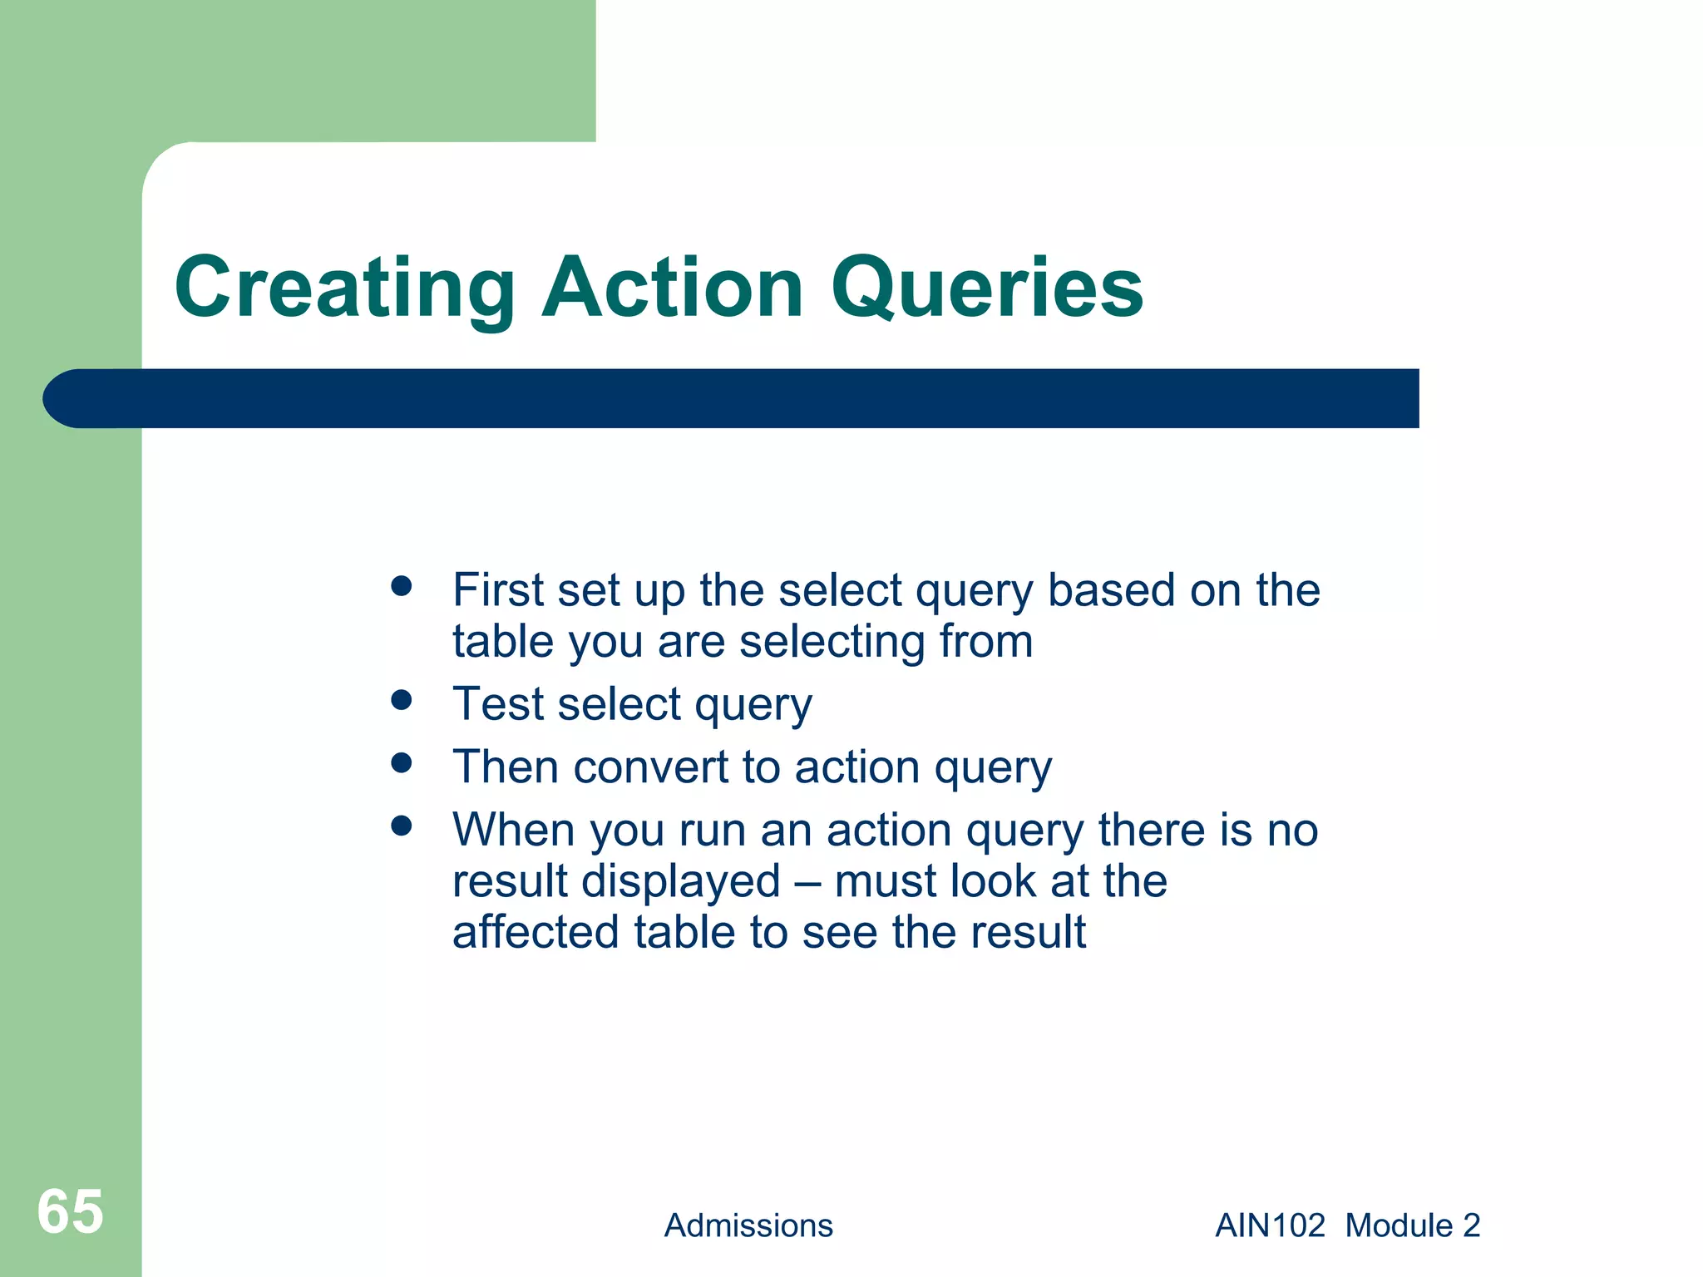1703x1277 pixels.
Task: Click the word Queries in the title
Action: pyautogui.click(x=987, y=288)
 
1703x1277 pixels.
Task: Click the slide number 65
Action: pyautogui.click(x=71, y=1211)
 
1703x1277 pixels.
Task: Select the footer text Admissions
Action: pyautogui.click(x=748, y=1225)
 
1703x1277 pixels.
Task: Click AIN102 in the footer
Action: pyautogui.click(x=1270, y=1225)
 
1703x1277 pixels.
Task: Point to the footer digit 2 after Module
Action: pyautogui.click(x=1471, y=1225)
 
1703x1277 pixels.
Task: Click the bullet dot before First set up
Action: pyautogui.click(x=402, y=587)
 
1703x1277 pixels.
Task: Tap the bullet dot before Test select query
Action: pyautogui.click(x=402, y=700)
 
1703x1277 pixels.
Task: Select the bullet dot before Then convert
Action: pyautogui.click(x=402, y=763)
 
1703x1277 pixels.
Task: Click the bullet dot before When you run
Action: pyautogui.click(x=402, y=826)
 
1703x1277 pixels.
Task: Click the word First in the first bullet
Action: pyautogui.click(x=497, y=590)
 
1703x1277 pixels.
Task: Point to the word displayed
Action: pyautogui.click(x=681, y=882)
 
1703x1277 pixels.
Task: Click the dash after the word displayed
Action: pyautogui.click(x=807, y=883)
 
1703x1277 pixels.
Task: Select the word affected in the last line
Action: pyautogui.click(x=536, y=932)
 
